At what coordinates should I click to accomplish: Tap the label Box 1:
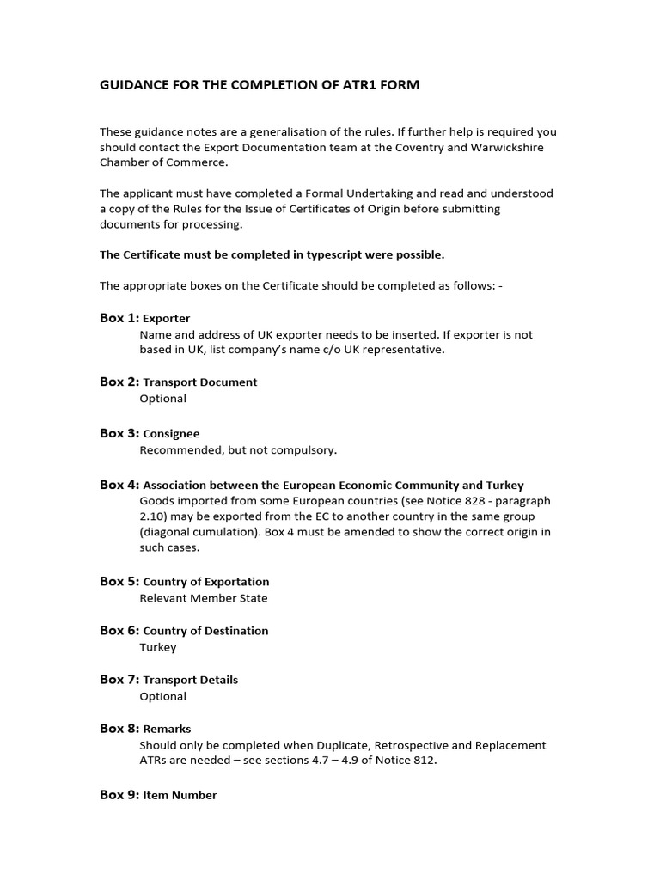coord(119,318)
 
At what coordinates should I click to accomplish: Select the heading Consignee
coord(171,434)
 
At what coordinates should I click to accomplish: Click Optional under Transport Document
coord(162,399)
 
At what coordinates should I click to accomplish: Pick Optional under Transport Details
coord(162,696)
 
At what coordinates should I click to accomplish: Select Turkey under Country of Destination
coord(157,647)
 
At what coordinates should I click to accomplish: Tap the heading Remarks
coord(167,729)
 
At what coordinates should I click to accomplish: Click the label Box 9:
coord(119,795)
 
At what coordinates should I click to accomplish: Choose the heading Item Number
coord(180,796)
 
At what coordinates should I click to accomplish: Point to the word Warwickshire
coord(506,147)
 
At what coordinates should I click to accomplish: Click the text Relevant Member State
coord(204,598)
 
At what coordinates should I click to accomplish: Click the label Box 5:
coord(119,581)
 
